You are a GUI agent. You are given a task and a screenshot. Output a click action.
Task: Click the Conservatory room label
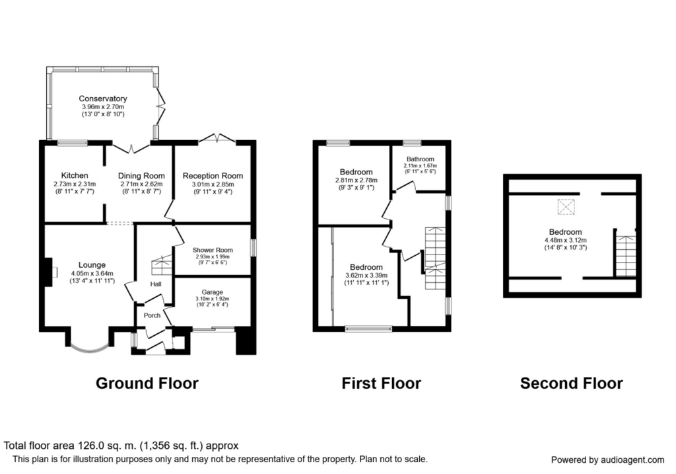(x=102, y=99)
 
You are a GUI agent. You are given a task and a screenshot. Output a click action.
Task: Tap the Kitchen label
(x=75, y=175)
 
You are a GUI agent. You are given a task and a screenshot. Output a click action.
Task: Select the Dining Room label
(x=141, y=176)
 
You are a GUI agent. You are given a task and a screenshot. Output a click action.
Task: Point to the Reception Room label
(x=213, y=176)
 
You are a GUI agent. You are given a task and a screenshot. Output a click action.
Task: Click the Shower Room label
(x=213, y=250)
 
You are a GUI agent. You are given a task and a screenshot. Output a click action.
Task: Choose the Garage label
(x=212, y=292)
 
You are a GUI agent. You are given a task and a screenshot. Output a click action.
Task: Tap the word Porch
(x=152, y=315)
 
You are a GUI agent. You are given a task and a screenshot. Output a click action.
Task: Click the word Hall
(x=156, y=284)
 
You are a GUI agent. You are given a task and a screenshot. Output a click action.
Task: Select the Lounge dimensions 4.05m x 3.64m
(x=92, y=273)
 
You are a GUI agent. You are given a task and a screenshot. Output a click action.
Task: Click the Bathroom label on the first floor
(x=421, y=159)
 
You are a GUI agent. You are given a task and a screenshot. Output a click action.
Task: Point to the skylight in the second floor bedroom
(x=566, y=207)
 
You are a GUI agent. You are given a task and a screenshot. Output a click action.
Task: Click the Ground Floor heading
(x=147, y=383)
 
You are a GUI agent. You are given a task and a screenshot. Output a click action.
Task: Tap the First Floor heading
(x=381, y=383)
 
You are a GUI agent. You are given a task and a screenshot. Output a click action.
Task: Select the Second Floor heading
(x=571, y=383)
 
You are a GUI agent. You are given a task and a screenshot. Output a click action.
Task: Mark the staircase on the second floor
(x=626, y=256)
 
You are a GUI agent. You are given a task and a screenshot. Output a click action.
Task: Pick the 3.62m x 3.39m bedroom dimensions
(x=366, y=276)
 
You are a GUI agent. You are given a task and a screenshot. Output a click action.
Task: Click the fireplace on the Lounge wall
(x=49, y=272)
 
